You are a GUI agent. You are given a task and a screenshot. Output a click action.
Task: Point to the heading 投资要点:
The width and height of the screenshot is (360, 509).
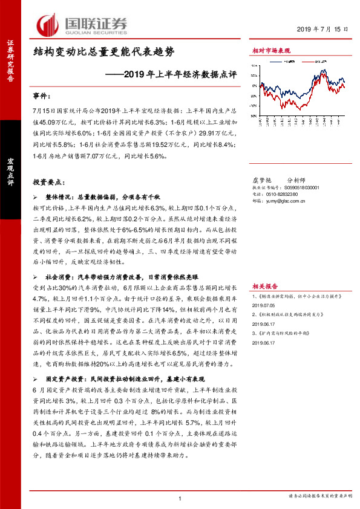pos(50,182)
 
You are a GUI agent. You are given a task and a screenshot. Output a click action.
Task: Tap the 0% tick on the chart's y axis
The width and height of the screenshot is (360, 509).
pos(254,85)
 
